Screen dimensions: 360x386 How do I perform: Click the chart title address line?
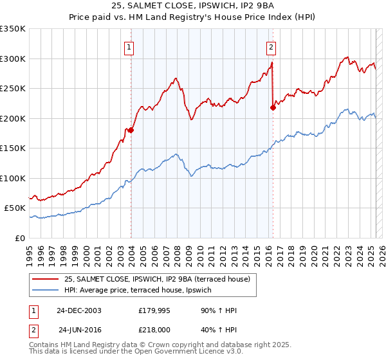tap(192, 6)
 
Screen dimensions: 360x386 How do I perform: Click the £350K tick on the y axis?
tap(13, 29)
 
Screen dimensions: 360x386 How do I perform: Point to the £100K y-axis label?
tap(13, 178)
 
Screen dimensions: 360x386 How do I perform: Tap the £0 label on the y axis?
tap(19, 238)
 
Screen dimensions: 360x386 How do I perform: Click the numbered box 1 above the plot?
tap(129, 46)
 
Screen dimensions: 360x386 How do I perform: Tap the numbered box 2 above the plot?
tap(271, 46)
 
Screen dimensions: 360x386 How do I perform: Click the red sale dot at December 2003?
tap(131, 130)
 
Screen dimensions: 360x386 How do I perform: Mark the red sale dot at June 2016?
tap(273, 107)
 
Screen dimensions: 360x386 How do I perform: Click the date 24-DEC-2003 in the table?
tap(79, 310)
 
